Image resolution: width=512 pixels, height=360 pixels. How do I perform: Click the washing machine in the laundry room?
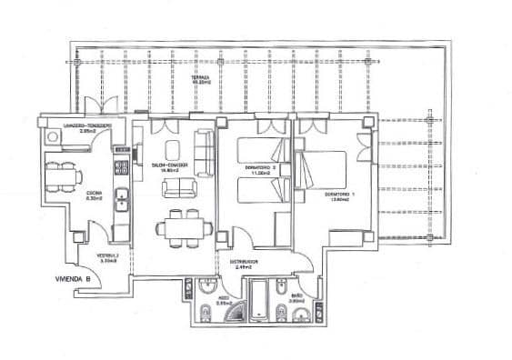pos(53,135)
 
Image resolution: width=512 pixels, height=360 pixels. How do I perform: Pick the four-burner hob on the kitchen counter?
pos(119,166)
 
